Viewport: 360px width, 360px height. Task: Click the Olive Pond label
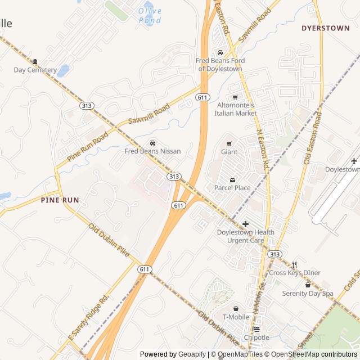pyautogui.click(x=150, y=16)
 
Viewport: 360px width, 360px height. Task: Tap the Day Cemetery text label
pyautogui.click(x=35, y=70)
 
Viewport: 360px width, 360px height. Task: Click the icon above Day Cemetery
pyautogui.click(x=35, y=61)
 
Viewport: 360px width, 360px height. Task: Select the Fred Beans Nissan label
pyautogui.click(x=152, y=151)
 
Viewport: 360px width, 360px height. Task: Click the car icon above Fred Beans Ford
pyautogui.click(x=219, y=52)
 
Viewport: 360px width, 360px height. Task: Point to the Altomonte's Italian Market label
pyautogui.click(x=235, y=109)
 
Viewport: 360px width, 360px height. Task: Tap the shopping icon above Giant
pyautogui.click(x=229, y=143)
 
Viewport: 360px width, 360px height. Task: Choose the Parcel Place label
pyautogui.click(x=232, y=188)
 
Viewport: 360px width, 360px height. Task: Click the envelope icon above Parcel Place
pyautogui.click(x=232, y=179)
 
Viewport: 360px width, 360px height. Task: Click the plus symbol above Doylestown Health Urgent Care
pyautogui.click(x=245, y=224)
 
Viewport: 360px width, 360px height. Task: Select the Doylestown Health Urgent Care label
pyautogui.click(x=245, y=236)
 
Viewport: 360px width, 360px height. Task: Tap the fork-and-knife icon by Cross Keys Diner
pyautogui.click(x=294, y=264)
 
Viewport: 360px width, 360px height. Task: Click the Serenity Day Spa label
pyautogui.click(x=308, y=294)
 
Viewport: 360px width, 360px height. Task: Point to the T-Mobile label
pyautogui.click(x=236, y=317)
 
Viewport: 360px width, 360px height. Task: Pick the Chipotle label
pyautogui.click(x=256, y=337)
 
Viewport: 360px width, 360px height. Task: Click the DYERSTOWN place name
pyautogui.click(x=325, y=28)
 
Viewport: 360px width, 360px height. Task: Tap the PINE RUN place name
pyautogui.click(x=60, y=200)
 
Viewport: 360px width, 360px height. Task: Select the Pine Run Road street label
pyautogui.click(x=87, y=147)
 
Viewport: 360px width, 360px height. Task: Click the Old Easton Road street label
pyautogui.click(x=312, y=138)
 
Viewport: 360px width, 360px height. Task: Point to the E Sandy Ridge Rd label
pyautogui.click(x=88, y=319)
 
